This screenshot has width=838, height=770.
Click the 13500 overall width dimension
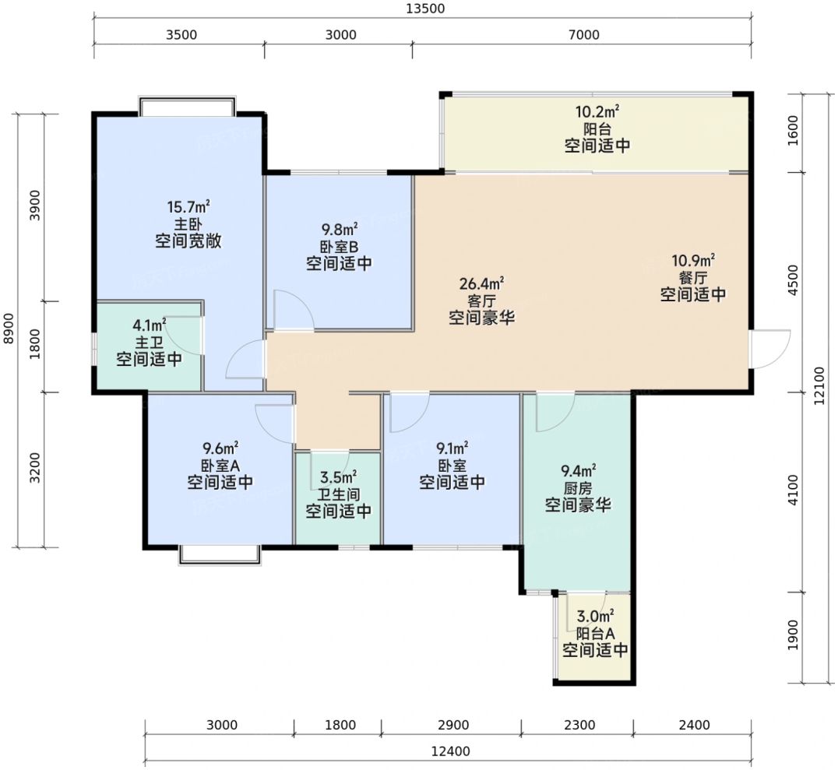click(x=425, y=9)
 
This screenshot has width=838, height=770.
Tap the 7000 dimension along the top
click(x=583, y=35)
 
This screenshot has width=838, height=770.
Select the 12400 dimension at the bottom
click(x=450, y=751)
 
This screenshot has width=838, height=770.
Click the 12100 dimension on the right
click(x=819, y=385)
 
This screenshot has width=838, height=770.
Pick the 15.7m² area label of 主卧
click(x=188, y=206)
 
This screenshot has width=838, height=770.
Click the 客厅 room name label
click(x=481, y=301)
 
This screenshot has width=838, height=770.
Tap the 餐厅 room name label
click(x=693, y=277)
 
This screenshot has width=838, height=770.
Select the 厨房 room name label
click(x=578, y=488)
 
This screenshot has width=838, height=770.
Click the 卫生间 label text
click(x=338, y=494)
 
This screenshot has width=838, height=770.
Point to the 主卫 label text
click(x=149, y=342)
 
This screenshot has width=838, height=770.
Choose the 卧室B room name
click(x=339, y=247)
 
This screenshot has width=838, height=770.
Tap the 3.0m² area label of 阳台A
click(x=595, y=616)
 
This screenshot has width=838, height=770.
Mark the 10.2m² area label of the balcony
click(x=597, y=111)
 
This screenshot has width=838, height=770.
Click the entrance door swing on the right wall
click(x=770, y=349)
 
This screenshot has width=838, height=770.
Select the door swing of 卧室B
click(x=293, y=310)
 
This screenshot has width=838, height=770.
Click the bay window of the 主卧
click(x=187, y=105)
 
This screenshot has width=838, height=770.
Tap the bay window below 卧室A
click(x=220, y=555)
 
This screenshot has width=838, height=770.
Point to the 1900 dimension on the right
click(x=793, y=635)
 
